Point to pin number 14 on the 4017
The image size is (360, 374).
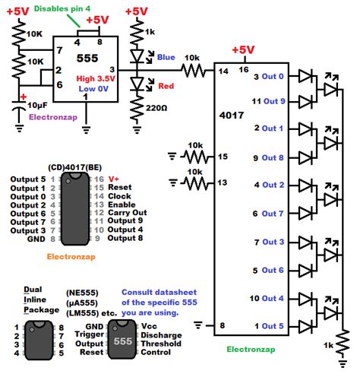[x=223, y=71]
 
